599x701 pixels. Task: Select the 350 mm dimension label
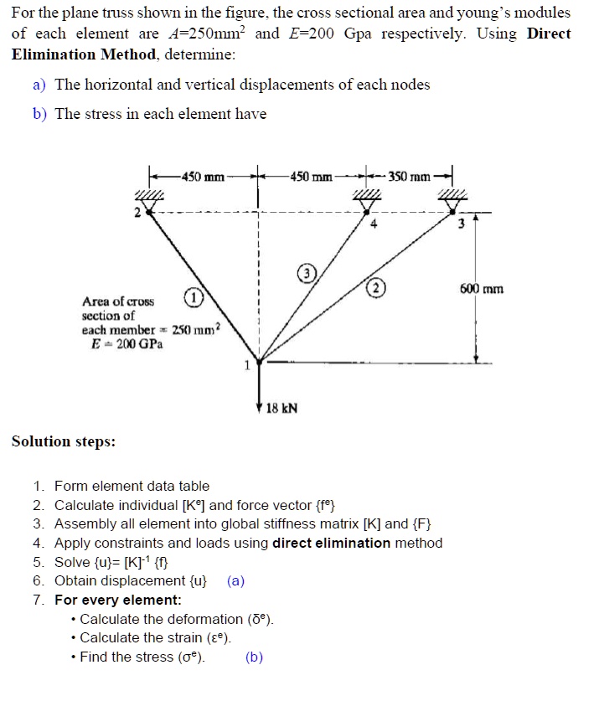coord(410,178)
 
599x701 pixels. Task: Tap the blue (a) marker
coord(235,581)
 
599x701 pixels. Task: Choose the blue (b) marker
coord(254,657)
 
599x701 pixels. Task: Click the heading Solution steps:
coord(64,441)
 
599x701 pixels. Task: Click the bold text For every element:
coord(118,600)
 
